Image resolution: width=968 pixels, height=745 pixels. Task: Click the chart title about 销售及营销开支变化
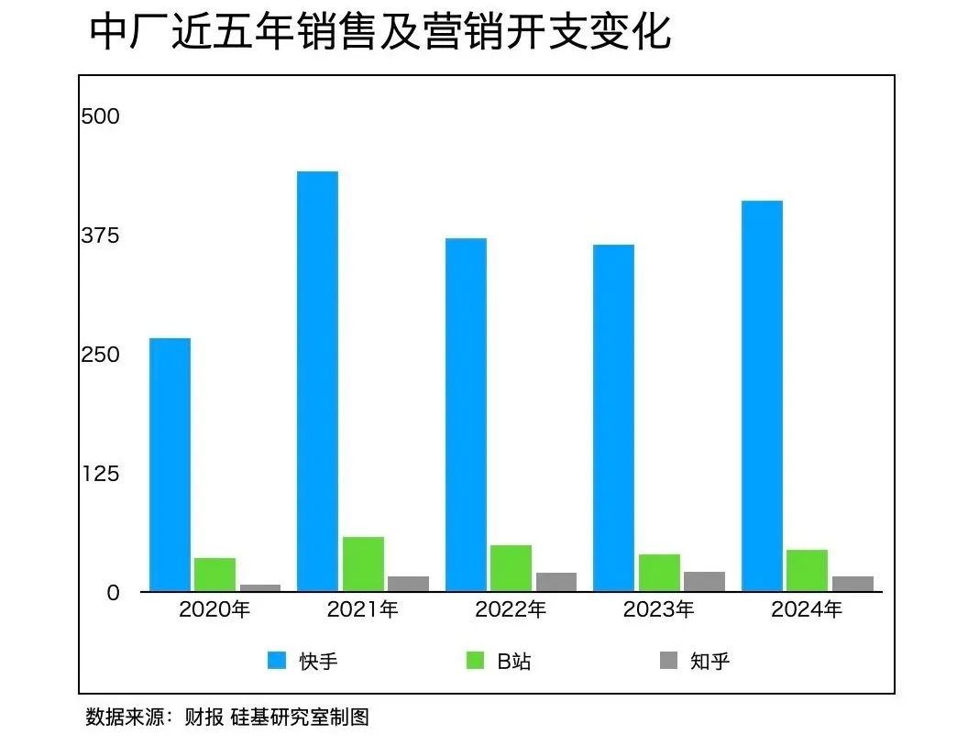[x=380, y=32]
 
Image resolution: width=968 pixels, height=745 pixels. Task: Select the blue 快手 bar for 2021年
[x=317, y=380]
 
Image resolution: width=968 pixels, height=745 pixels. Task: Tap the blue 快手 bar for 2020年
[x=170, y=465]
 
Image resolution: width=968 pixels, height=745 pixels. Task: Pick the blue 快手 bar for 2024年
[x=762, y=395]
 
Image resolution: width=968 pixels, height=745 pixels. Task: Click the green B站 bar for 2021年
[x=363, y=564]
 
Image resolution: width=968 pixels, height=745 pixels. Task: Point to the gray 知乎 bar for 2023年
[x=704, y=581]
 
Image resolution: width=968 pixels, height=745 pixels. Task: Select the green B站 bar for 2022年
[x=511, y=568]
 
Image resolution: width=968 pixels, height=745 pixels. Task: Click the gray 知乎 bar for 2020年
[x=260, y=587]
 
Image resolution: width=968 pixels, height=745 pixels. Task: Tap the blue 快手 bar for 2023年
[x=613, y=417]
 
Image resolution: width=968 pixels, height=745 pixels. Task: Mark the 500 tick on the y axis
[x=100, y=117]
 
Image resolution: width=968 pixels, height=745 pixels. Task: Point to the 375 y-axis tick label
[x=100, y=236]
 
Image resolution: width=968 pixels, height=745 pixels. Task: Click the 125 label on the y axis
[x=100, y=474]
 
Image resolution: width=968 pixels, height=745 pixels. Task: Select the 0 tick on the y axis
[x=112, y=593]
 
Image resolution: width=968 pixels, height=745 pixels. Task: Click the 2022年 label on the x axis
[x=511, y=609]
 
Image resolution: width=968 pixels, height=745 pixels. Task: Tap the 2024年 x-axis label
[x=807, y=609]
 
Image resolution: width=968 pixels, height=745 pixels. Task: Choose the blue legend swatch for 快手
[x=277, y=661]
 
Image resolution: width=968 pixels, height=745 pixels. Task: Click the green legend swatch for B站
[x=475, y=661]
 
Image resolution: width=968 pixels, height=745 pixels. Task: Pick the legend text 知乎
[x=710, y=661]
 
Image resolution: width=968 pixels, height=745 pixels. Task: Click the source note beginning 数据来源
[x=227, y=717]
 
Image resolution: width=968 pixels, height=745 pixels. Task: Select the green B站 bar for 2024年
[x=807, y=570]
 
